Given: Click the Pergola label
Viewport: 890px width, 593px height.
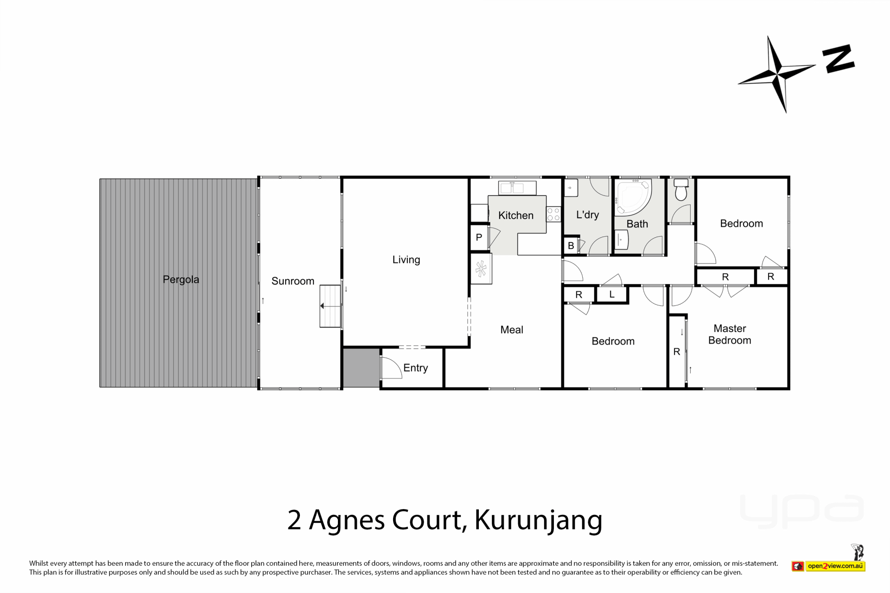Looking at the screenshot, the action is click(x=181, y=280).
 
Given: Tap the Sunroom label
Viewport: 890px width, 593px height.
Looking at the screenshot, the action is click(x=292, y=281).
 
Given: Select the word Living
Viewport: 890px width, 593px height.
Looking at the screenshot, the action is click(x=406, y=260).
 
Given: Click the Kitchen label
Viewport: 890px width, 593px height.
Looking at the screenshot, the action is click(x=515, y=215).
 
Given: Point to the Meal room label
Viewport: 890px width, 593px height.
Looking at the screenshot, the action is click(x=512, y=330).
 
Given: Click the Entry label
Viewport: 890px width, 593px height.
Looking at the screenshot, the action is click(x=415, y=368).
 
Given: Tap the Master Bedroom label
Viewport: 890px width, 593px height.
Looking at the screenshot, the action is click(x=730, y=334).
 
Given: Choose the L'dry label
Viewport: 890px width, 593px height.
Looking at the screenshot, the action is click(x=587, y=214).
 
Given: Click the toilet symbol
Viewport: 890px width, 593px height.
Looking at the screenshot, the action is click(x=681, y=189).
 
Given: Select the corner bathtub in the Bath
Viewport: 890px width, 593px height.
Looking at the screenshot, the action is click(x=632, y=196).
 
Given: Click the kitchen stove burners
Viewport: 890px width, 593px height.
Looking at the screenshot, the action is click(x=553, y=214).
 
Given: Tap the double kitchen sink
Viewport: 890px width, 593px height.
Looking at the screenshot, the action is click(x=517, y=188).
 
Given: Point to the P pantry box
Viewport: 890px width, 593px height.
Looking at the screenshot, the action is click(x=479, y=238).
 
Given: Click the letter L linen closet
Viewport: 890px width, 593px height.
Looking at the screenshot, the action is click(x=612, y=294).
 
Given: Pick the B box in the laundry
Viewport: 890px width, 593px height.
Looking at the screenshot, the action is click(x=571, y=246).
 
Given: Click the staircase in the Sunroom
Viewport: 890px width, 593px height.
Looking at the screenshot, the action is click(x=331, y=306).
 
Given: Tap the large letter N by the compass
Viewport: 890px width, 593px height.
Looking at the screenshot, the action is click(x=839, y=59).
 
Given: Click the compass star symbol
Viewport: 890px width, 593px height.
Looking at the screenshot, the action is click(x=777, y=74).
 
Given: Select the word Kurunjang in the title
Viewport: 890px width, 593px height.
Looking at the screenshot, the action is click(x=538, y=521).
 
